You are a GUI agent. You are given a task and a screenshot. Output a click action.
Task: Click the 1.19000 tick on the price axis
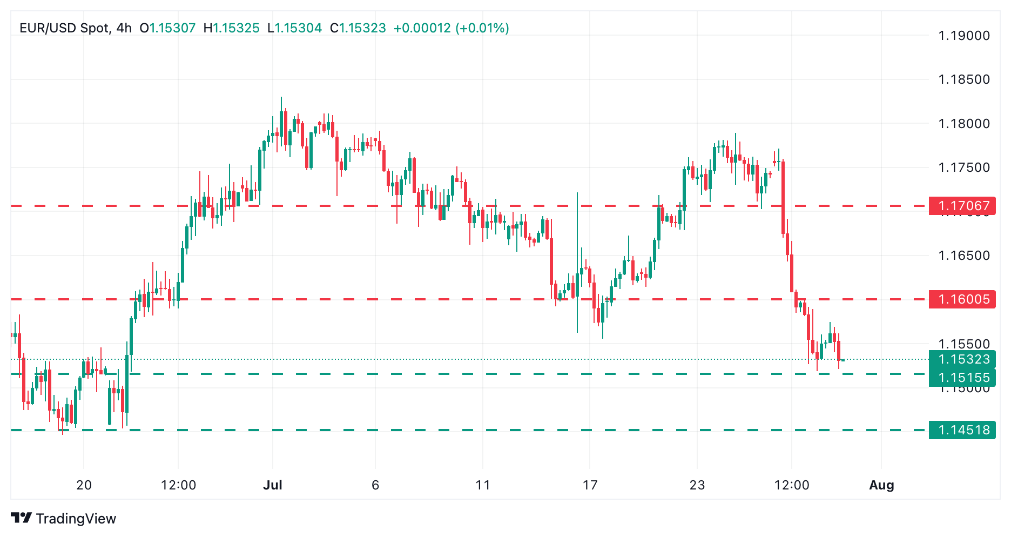[964, 36]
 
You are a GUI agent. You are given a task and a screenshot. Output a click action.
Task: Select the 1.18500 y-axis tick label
[964, 79]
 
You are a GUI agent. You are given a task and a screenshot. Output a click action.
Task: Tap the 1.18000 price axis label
[964, 124]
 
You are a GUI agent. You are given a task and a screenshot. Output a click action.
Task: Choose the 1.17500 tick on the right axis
[964, 167]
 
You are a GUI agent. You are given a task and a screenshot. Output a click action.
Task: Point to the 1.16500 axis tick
[964, 256]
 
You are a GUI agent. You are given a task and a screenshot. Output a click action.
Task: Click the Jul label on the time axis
[273, 485]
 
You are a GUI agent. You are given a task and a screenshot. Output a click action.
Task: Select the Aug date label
[881, 485]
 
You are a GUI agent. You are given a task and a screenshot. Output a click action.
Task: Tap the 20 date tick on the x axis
[84, 485]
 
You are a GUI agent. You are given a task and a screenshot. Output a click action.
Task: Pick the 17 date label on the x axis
[590, 485]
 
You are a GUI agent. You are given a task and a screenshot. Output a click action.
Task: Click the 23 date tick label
[697, 485]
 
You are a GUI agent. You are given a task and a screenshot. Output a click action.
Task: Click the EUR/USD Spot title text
[65, 28]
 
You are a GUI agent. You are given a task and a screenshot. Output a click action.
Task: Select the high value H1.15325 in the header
[231, 28]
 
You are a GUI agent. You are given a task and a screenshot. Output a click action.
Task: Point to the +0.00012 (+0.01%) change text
[451, 28]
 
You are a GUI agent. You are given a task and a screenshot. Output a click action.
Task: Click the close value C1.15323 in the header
[358, 28]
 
